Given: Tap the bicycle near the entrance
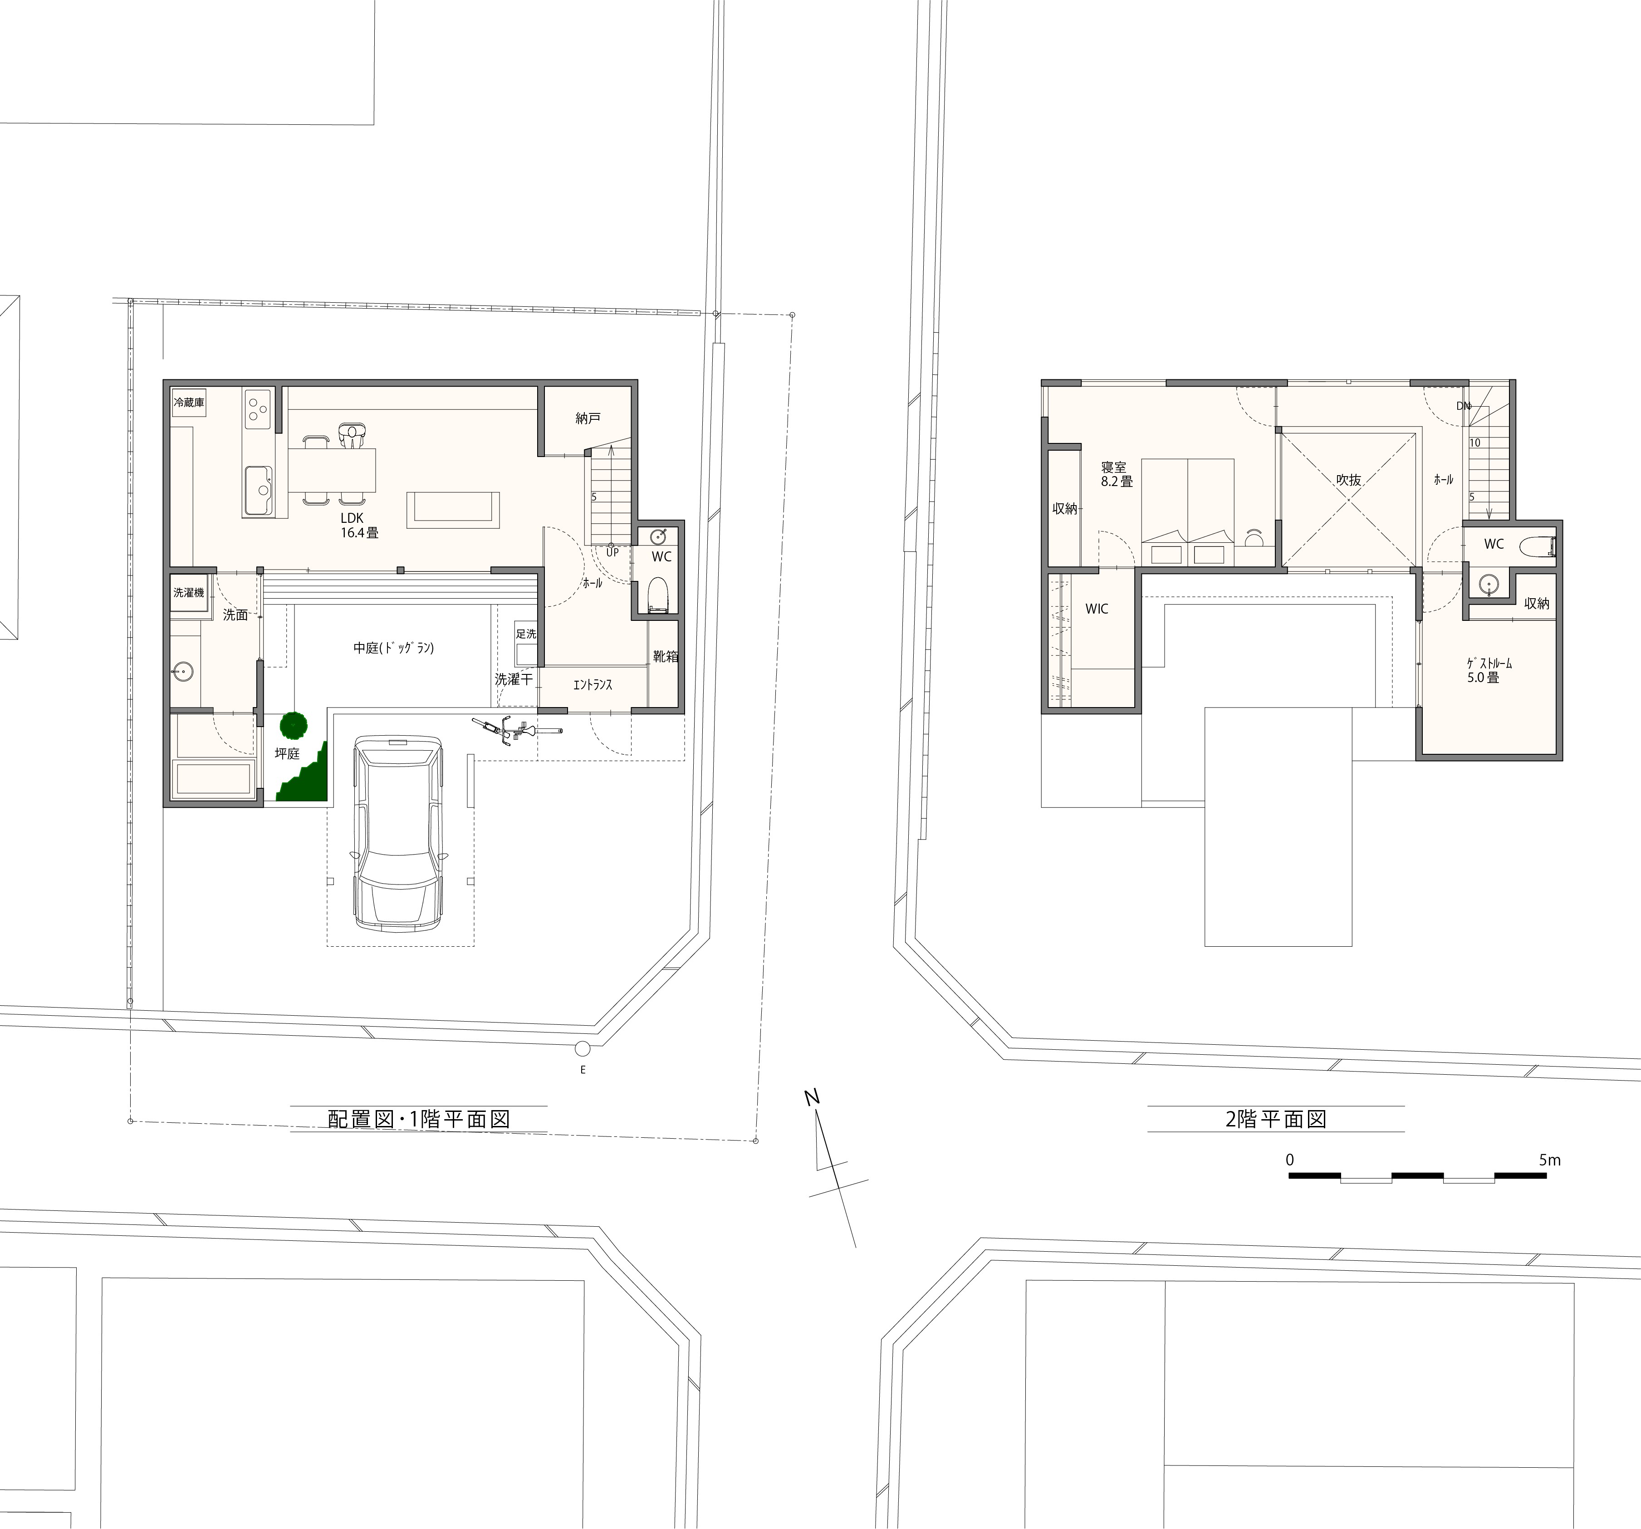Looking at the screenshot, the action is coord(517,730).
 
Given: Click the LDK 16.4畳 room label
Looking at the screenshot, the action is coord(359,525).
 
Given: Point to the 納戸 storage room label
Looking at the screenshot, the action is coord(588,418).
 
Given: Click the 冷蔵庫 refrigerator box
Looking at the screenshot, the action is coord(188,403).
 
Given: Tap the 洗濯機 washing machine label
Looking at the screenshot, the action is coord(188,593).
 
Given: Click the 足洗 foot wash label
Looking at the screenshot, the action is coord(526,634).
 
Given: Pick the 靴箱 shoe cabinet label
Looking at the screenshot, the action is coord(665,656).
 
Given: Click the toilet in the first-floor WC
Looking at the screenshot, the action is coord(657,595).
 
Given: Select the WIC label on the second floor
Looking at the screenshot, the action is coord(1096,609).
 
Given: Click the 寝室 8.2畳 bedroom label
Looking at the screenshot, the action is coord(1116,474).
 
